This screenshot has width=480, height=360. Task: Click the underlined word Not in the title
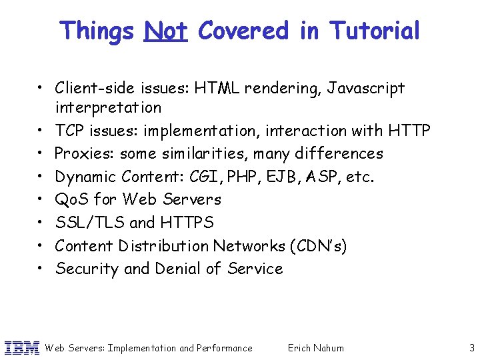point(165,31)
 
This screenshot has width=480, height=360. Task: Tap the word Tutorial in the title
point(375,31)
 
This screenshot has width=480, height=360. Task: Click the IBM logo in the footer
point(22,347)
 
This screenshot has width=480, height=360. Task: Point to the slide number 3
point(471,347)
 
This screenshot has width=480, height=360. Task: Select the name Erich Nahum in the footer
point(315,347)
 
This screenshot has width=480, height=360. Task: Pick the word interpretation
point(108,107)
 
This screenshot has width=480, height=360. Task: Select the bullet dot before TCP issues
point(41,131)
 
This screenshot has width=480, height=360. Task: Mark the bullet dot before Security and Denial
point(41,269)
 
